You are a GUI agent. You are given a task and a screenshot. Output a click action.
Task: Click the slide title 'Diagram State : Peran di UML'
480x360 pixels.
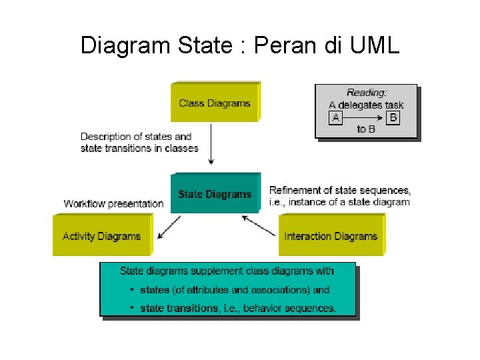tap(240, 45)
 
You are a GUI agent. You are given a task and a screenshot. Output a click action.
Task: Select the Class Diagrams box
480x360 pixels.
tap(215, 103)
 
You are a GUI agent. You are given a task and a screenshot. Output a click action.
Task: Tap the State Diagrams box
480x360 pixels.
tap(215, 194)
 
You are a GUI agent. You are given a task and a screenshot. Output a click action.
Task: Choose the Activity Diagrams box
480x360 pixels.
tap(101, 235)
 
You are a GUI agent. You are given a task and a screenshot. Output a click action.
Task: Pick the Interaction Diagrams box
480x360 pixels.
tap(331, 235)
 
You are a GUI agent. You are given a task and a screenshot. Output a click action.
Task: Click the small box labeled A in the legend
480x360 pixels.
tap(336, 117)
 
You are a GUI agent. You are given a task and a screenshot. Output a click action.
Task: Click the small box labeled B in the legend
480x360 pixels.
tap(393, 117)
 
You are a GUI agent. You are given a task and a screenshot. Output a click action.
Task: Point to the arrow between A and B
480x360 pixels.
tap(365, 117)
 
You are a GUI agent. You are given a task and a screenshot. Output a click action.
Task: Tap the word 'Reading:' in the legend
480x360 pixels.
tap(367, 93)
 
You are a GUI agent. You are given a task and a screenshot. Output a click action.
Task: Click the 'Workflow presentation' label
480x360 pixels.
tap(113, 203)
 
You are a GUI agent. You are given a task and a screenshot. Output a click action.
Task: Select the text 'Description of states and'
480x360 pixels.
tap(136, 137)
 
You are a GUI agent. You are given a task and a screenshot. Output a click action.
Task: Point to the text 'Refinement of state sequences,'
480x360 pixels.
tap(340, 190)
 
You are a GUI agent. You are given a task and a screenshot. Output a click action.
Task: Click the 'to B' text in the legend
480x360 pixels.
tap(366, 129)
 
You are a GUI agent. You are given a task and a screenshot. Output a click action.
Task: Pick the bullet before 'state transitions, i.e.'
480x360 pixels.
tap(132, 307)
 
